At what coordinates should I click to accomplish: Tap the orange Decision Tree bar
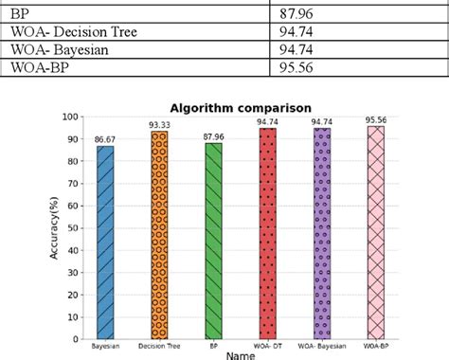(160, 235)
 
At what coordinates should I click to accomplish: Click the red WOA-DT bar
(268, 233)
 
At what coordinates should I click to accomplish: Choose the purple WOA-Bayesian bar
(323, 233)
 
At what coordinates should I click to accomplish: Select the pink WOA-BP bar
(377, 232)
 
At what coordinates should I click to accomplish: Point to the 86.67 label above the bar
(104, 138)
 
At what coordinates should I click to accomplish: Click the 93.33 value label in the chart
(160, 125)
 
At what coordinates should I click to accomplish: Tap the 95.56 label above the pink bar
(377, 119)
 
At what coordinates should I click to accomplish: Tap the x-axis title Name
(241, 354)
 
